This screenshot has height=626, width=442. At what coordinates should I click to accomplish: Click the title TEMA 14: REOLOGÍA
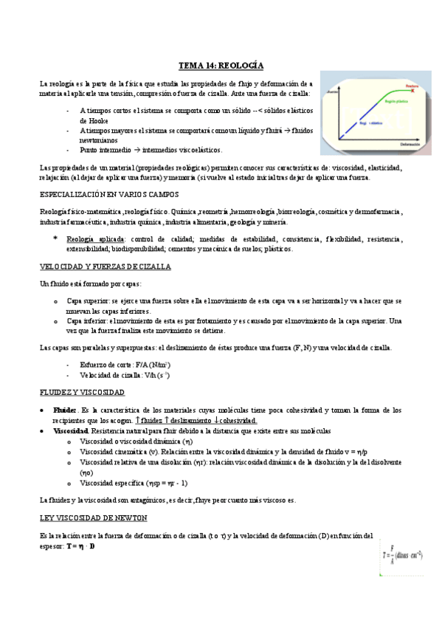221,66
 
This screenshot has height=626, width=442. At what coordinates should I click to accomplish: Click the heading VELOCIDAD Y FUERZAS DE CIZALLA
105,266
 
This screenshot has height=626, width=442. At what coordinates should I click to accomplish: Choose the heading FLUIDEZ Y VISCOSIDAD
82,391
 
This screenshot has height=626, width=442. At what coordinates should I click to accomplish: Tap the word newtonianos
101,140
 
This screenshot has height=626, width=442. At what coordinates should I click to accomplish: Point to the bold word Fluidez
65,409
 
